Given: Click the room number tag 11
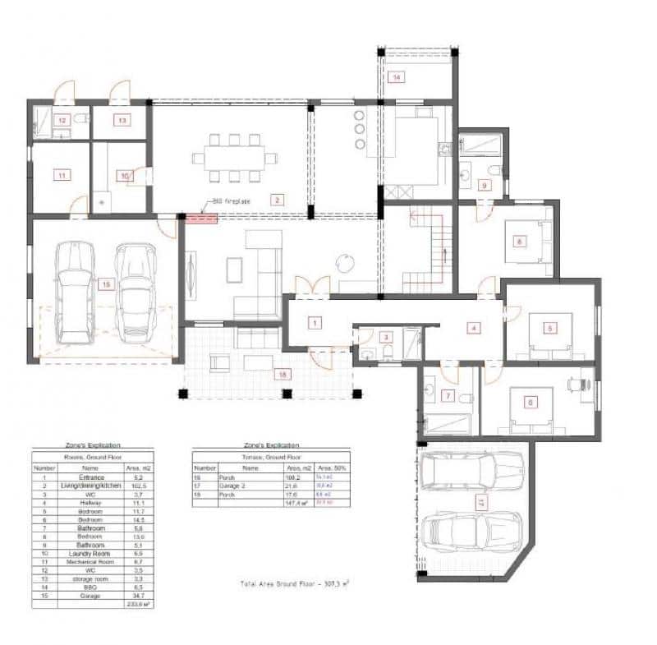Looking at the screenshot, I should pos(60,174).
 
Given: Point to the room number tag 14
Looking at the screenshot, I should pos(397,77).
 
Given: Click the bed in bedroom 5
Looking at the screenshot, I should pos(549,334).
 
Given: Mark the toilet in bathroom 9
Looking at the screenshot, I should pos(494,170).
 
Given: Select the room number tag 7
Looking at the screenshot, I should pos(448,396).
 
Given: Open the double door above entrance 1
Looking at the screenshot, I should pos(313,285).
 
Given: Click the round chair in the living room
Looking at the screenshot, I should pos(343,261).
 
